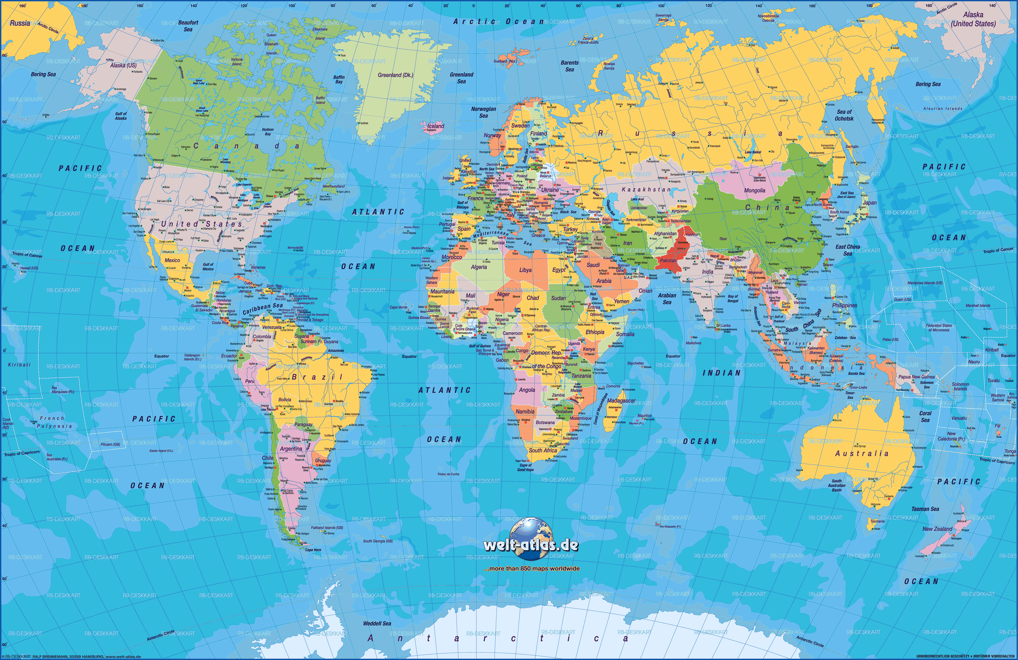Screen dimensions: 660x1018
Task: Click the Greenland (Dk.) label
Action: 395,75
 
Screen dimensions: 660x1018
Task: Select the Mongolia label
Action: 754,191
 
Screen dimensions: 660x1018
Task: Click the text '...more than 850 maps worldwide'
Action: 532,569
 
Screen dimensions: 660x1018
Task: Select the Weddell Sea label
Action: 377,624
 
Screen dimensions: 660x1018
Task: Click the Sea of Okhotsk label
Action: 844,115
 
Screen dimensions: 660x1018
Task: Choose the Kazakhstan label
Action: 646,189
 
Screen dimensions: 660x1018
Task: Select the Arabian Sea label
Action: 667,298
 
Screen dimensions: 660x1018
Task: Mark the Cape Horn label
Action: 313,550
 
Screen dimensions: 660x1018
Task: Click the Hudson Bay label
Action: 268,131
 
